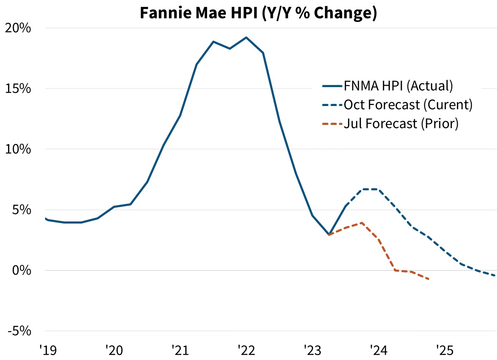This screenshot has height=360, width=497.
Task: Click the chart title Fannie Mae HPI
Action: pos(258,13)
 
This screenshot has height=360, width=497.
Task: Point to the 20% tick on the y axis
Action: pos(18,28)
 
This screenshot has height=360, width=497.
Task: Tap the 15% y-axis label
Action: pos(18,89)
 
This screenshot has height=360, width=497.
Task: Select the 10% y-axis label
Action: pos(18,149)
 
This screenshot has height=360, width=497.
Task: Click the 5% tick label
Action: pos(22,210)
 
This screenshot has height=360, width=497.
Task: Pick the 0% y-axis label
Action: pos(22,270)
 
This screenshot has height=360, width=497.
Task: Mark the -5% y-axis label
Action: pos(20,331)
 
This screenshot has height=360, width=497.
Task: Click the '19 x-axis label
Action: pos(48,350)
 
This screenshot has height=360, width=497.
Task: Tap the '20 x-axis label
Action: pos(114,350)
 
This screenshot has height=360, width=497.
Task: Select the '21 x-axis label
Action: pos(180,350)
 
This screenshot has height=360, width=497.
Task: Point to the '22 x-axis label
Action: pos(246,350)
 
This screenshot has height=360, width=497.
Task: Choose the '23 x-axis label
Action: pos(312,350)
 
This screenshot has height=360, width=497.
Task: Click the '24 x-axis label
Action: pos(378,350)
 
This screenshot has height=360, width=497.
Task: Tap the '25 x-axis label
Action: pos(445,350)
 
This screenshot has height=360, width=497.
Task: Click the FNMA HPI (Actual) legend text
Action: pos(398,86)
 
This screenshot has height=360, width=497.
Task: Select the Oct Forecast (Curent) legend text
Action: pos(408,105)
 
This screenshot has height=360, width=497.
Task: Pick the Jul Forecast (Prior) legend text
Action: pos(401,123)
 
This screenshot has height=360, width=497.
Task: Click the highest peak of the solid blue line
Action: pos(246,37)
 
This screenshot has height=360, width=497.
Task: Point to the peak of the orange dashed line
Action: pos(362,223)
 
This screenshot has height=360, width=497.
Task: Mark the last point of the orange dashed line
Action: pos(429,279)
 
